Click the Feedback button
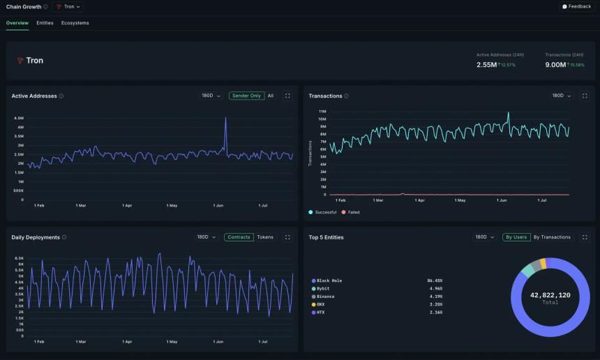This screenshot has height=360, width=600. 576,6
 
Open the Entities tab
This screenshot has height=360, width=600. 45,23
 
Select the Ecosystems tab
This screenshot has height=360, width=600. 75,23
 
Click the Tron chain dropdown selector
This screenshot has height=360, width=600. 68,6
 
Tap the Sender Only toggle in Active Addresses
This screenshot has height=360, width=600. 246,96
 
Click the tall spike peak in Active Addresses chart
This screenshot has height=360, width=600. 225,118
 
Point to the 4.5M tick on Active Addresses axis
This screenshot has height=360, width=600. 19,118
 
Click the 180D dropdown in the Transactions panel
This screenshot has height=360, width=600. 560,96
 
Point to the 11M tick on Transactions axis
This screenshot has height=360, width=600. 322,111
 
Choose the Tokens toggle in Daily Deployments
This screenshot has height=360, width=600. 265,237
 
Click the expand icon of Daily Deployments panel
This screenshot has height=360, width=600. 287,237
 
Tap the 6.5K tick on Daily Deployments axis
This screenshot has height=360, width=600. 20,258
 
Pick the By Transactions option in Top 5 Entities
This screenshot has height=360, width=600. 552,237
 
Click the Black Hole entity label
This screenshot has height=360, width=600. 329,280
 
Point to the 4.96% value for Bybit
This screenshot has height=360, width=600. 435,288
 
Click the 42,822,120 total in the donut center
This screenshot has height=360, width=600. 550,295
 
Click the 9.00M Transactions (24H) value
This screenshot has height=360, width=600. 556,65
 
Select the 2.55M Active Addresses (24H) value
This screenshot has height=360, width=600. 486,65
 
